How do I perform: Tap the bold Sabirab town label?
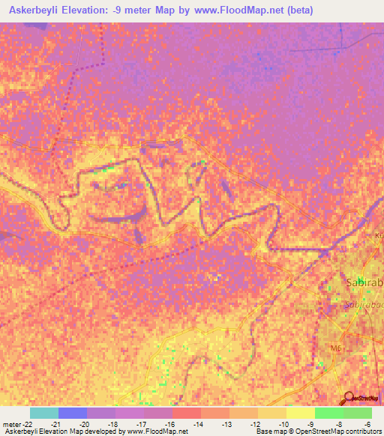364,283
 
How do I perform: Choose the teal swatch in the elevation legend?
44,413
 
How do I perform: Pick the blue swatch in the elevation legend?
73,413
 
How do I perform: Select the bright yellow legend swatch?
300,413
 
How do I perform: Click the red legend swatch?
186,413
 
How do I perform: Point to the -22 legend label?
30,423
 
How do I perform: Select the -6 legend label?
367,423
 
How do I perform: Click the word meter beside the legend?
12,423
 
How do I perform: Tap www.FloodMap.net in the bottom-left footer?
157,432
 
